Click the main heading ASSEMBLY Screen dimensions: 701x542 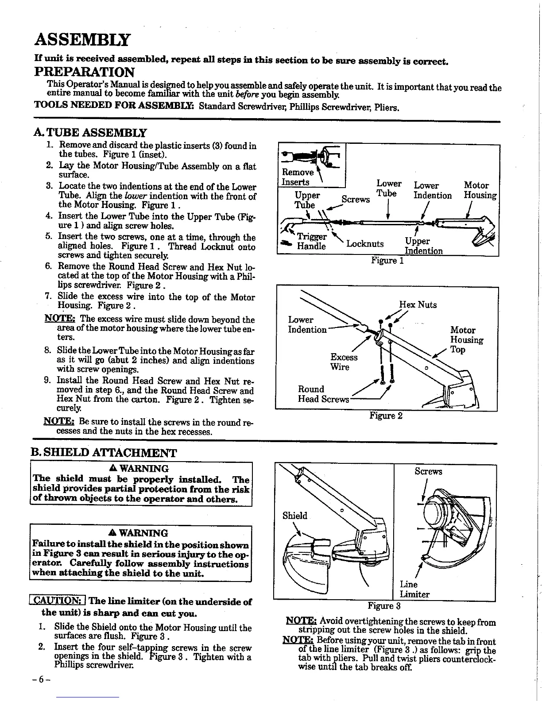83,40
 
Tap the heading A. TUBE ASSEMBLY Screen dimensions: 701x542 90,132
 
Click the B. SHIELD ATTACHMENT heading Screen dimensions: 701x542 103,453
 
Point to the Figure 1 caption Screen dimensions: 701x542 387,261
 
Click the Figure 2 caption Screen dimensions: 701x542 386,416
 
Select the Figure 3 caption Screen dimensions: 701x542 384,605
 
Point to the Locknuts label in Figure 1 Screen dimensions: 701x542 365,244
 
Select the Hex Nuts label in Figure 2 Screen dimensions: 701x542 418,304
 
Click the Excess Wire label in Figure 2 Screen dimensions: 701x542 344,362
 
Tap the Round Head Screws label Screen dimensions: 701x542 323,394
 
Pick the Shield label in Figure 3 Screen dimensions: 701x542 294,516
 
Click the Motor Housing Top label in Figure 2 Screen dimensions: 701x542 466,340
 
